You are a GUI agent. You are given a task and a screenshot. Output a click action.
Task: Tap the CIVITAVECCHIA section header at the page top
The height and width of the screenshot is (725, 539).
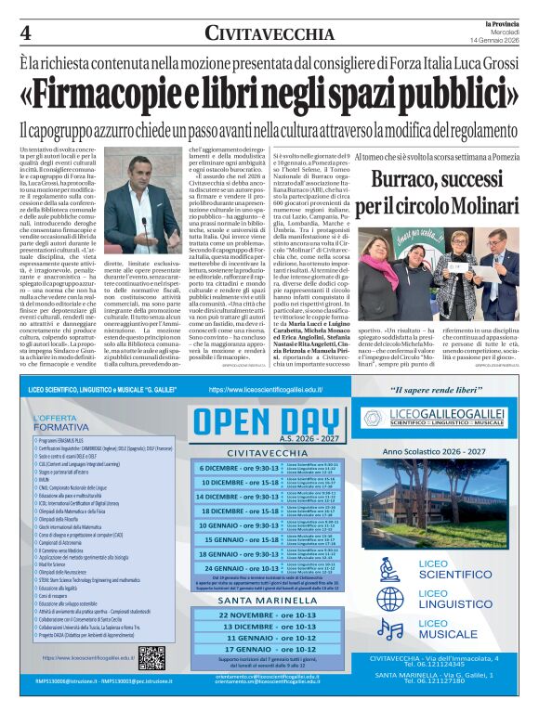click(269, 33)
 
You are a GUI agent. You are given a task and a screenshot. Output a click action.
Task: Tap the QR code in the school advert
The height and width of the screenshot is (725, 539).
click(151, 658)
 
